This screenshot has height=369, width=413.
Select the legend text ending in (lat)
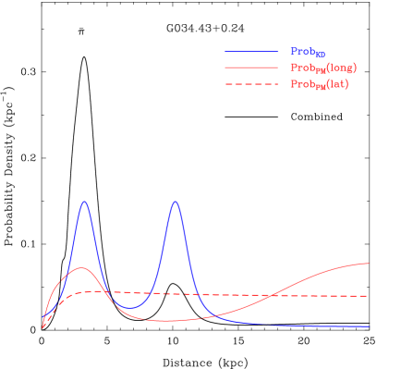point(320,85)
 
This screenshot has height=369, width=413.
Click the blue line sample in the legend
point(250,52)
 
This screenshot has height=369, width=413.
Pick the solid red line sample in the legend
point(250,68)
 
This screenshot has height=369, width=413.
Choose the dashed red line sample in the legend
point(250,84)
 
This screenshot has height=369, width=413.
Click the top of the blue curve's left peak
point(85,201)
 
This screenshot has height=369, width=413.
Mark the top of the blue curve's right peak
point(175,201)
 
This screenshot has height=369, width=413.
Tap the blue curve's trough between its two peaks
point(130,307)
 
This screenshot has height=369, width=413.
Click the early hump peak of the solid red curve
point(81,268)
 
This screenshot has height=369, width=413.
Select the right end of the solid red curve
point(369,264)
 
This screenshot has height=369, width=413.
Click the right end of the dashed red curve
point(369,296)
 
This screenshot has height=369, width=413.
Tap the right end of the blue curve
point(369,326)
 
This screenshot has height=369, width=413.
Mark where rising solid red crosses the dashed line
point(268,296)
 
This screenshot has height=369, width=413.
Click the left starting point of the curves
point(43,326)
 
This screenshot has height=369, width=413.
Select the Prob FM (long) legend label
point(322,68)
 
